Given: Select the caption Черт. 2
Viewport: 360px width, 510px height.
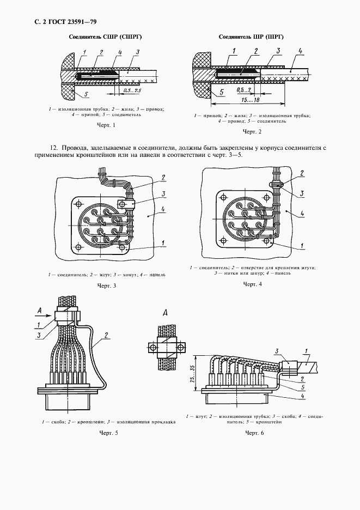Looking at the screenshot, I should pyautogui.click(x=252, y=132).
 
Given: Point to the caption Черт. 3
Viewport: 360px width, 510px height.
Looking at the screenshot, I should pyautogui.click(x=106, y=286).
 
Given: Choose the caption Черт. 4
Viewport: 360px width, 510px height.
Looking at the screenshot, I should pyautogui.click(x=252, y=284).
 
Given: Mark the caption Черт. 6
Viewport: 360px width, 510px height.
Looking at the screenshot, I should pyautogui.click(x=254, y=433).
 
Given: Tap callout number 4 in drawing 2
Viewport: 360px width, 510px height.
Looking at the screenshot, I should pyautogui.click(x=300, y=50).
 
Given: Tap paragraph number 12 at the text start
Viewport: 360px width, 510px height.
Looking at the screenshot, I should pyautogui.click(x=53, y=148).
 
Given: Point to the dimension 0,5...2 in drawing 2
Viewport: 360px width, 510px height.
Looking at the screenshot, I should pyautogui.click(x=244, y=89).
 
